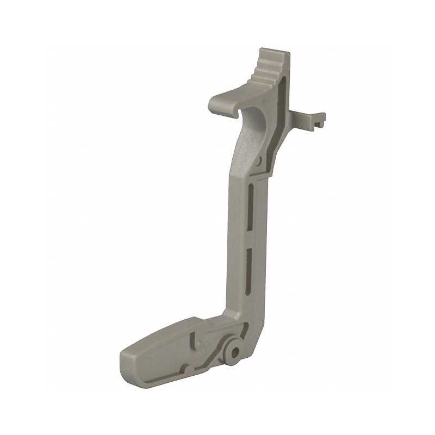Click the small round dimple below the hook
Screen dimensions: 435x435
[260, 161]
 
